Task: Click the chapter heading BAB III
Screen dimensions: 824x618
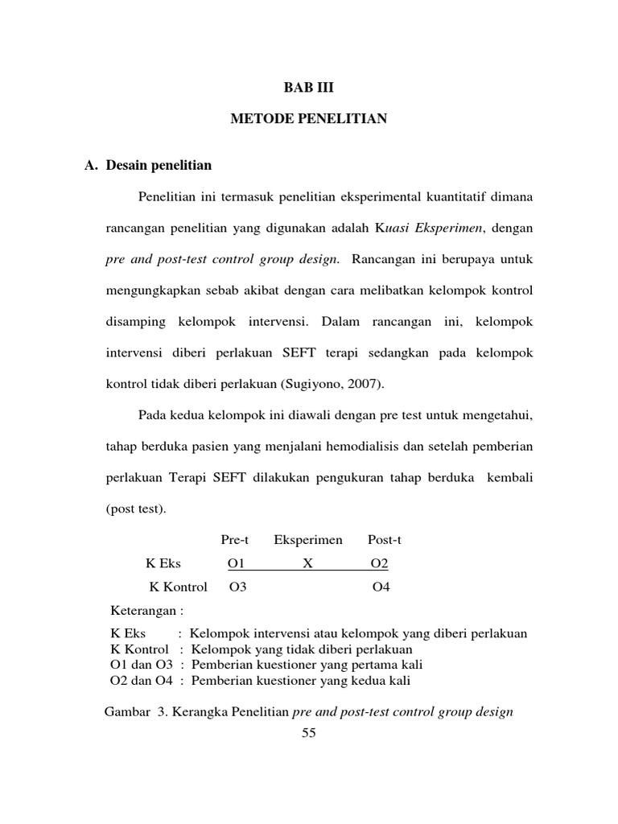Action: tap(309, 87)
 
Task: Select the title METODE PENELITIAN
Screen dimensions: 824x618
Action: tap(309, 119)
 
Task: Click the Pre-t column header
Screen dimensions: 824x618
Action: tap(236, 540)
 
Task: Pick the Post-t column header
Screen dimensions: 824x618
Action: tap(384, 540)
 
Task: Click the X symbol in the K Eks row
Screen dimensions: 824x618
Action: tap(307, 564)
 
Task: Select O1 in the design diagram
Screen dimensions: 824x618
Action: tap(237, 564)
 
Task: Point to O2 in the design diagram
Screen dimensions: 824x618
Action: tap(379, 564)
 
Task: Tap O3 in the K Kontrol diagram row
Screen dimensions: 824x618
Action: tap(237, 587)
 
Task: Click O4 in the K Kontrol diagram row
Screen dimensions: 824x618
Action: tap(381, 587)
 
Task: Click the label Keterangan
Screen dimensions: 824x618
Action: tap(145, 610)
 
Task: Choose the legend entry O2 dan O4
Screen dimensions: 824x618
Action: tap(141, 681)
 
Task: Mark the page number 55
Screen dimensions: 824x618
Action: tap(309, 732)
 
